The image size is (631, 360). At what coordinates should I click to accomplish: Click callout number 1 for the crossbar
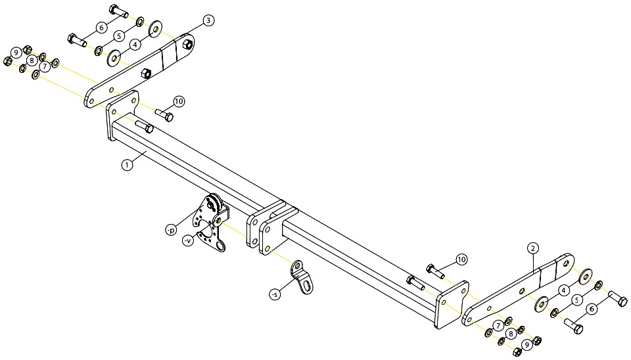[x=127, y=165]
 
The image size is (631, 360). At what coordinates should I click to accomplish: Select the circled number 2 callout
[x=532, y=248]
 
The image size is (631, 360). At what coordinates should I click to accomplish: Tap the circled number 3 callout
[x=208, y=20]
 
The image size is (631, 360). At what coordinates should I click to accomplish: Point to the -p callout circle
[x=171, y=230]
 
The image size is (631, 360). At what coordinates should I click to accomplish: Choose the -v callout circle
[x=188, y=240]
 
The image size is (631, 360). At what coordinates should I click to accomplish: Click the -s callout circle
[x=275, y=295]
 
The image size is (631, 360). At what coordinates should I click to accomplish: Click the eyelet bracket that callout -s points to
[x=302, y=277]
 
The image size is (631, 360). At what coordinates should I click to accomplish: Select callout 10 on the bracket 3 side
[x=179, y=102]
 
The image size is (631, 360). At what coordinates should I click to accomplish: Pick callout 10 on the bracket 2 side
[x=461, y=259]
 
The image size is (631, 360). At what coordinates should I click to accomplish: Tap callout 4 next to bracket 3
[x=135, y=44]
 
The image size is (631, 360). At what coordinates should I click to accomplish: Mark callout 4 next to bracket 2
[x=564, y=290]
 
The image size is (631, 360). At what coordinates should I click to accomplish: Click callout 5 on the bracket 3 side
[x=119, y=35]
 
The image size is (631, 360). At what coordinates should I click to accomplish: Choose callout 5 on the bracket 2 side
[x=578, y=300]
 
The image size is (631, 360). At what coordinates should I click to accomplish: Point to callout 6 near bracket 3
[x=101, y=28]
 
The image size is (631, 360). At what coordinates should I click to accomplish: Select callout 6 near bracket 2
[x=592, y=309]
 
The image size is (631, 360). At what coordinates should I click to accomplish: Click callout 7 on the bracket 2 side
[x=498, y=326]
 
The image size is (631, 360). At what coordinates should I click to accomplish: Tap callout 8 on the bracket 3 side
[x=32, y=60]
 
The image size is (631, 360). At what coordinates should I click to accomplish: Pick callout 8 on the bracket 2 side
[x=511, y=334]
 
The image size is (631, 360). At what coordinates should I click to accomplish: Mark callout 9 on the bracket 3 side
[x=16, y=53]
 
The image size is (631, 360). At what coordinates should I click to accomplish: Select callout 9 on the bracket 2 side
[x=526, y=345]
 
